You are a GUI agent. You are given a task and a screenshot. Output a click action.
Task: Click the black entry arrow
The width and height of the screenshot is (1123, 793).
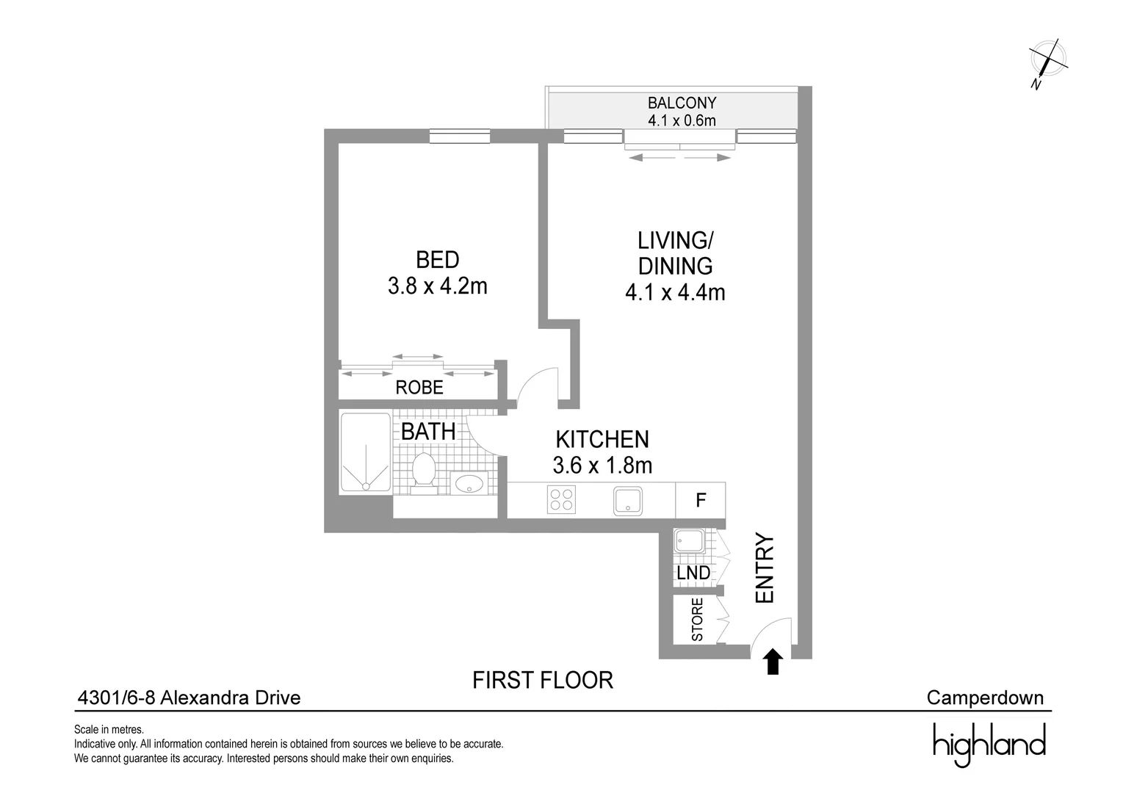772,662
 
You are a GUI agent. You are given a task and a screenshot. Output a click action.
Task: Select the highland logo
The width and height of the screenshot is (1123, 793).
989,743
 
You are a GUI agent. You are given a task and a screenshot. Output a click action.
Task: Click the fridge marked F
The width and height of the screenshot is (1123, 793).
701,501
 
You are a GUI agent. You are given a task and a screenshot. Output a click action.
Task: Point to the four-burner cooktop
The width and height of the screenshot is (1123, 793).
562,500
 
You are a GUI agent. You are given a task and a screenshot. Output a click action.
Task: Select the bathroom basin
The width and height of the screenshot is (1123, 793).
468,484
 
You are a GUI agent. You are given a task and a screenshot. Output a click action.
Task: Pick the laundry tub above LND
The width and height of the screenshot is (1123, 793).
690,543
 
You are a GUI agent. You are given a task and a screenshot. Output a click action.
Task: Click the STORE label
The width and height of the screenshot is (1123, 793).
698,620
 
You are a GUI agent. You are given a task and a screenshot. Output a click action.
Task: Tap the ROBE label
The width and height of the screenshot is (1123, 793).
419,387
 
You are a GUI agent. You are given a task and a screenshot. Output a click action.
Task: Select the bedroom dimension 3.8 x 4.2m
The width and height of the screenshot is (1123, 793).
437,286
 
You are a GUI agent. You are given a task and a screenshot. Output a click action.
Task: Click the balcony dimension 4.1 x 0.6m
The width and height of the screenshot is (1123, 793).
681,120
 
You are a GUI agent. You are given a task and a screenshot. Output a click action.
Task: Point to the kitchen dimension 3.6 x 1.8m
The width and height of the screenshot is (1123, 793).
602,465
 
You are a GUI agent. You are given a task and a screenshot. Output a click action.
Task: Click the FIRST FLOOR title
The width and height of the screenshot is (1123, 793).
542,680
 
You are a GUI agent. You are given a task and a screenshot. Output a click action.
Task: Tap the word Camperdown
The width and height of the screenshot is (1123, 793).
984,697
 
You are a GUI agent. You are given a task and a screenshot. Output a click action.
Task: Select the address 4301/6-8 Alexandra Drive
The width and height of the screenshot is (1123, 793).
189,697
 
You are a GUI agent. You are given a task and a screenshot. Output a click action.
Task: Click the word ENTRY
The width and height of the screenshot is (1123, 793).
765,569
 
